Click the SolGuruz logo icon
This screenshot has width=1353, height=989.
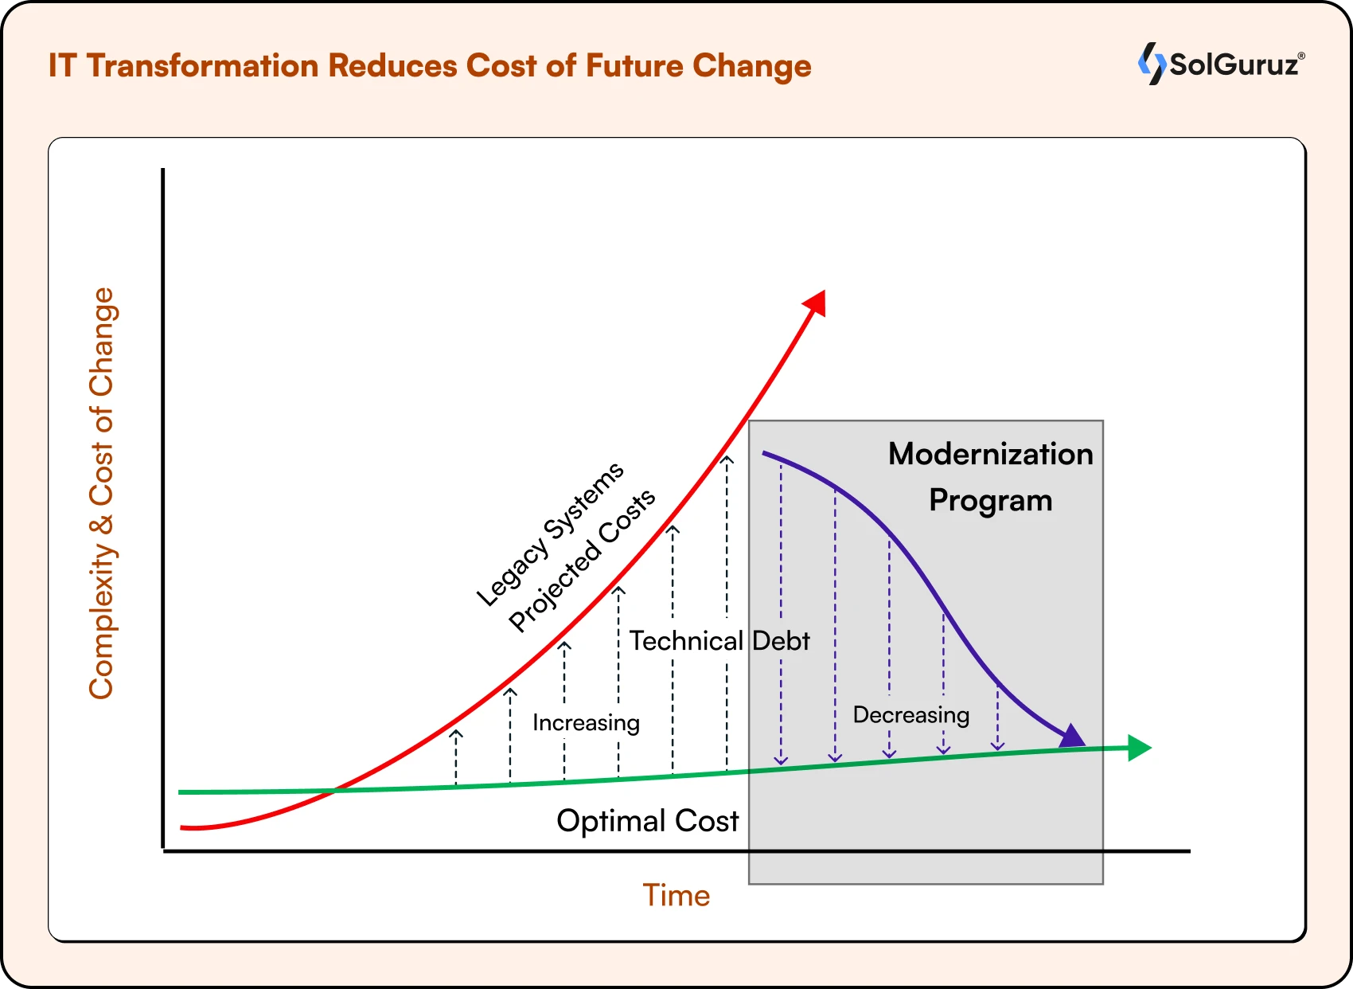(1152, 63)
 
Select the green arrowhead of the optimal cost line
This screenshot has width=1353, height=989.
(1140, 748)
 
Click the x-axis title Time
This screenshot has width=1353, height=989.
(676, 896)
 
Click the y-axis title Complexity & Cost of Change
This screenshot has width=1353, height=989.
(102, 494)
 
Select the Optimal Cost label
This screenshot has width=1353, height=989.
(647, 821)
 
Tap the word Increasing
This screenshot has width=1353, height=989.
(586, 723)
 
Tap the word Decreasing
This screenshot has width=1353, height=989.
(911, 715)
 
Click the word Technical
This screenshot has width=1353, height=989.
(686, 641)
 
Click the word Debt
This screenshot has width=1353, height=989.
(781, 641)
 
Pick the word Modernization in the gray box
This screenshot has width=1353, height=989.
(991, 454)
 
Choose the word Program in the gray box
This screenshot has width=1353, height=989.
(991, 501)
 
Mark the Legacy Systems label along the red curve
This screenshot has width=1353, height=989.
(550, 534)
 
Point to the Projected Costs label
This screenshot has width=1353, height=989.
(582, 561)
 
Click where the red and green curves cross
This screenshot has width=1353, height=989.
(335, 791)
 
